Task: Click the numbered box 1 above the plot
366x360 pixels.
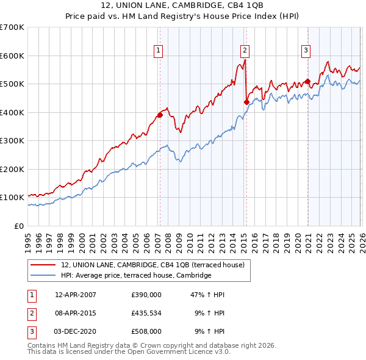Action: [x=158, y=51]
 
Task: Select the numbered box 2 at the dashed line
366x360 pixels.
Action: [x=245, y=51]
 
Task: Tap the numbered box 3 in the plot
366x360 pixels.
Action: [x=306, y=51]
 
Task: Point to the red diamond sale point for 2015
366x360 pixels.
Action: [x=246, y=102]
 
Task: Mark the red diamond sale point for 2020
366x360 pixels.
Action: [x=307, y=81]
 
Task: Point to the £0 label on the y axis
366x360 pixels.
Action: [x=18, y=226]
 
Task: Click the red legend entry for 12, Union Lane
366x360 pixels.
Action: [x=152, y=265]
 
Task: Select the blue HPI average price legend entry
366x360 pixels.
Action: [x=135, y=276]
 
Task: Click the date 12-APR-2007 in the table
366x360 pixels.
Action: [x=76, y=295]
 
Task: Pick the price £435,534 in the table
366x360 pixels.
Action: [x=146, y=313]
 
